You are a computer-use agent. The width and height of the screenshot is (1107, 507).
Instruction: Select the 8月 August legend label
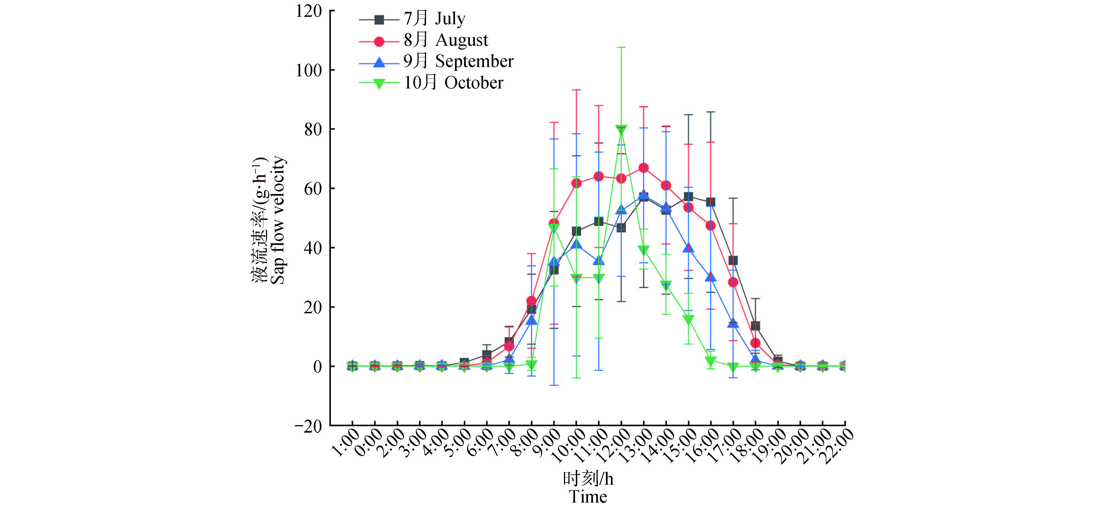coord(446,40)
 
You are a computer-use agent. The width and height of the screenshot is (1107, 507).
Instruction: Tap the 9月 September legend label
coord(458,61)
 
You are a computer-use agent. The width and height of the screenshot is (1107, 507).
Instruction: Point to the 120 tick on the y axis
coord(308,11)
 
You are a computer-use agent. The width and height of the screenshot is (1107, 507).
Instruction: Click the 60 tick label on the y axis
coord(313,189)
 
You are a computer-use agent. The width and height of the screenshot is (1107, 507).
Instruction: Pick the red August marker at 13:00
coord(643,168)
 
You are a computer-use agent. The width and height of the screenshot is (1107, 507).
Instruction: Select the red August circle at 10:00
coord(576,183)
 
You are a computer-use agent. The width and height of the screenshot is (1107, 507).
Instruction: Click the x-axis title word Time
coord(588,497)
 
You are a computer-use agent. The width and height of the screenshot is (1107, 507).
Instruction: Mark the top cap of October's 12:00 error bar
coord(621,47)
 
